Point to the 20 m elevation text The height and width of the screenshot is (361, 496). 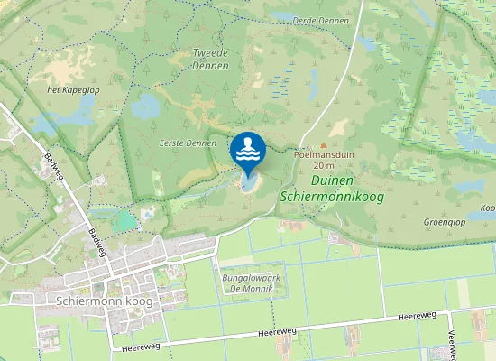pos(324,166)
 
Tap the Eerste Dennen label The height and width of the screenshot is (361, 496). pos(188,143)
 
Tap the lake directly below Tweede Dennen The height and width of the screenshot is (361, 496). pos(145,106)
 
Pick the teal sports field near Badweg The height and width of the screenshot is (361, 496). pos(127,219)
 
